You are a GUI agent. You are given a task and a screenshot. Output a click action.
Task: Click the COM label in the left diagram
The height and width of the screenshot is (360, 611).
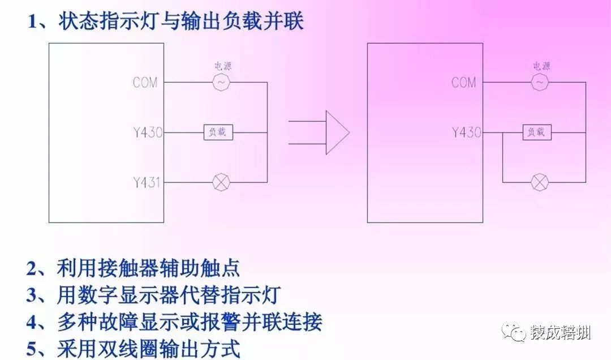145,83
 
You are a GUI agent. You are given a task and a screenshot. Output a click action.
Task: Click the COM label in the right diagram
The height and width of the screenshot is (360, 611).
464,83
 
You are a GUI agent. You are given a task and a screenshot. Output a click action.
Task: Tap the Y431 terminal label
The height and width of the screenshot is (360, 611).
148,182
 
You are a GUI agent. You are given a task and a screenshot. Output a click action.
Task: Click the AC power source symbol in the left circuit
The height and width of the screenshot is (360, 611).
221,83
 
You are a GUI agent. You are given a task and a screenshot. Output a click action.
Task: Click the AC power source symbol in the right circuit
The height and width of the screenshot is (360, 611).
539,83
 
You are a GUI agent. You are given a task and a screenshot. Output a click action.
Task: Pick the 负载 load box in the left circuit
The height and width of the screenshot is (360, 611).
218,133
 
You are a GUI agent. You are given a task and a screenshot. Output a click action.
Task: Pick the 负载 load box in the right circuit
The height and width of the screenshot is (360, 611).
536,133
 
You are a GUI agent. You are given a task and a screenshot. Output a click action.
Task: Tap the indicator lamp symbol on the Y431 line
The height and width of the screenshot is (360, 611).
220,182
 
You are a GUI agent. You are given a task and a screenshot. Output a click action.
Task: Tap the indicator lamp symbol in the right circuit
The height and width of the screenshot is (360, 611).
539,182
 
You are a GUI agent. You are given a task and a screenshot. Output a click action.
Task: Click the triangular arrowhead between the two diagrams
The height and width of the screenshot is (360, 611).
337,132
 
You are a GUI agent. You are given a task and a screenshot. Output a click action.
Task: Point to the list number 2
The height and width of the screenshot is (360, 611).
32,268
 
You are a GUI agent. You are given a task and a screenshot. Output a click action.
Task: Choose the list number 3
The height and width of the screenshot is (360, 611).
32,295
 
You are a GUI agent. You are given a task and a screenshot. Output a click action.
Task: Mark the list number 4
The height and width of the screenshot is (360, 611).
32,322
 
